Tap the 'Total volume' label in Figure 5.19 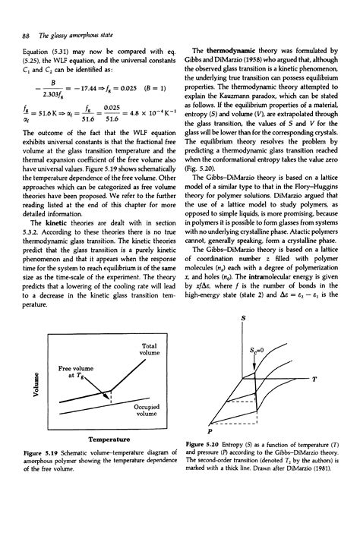pos(147,351)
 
